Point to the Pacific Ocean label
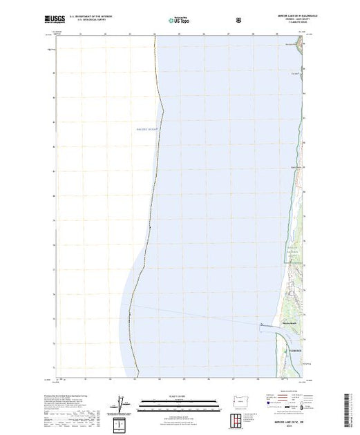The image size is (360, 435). (x=147, y=128)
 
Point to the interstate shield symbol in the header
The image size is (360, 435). (x=240, y=20)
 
